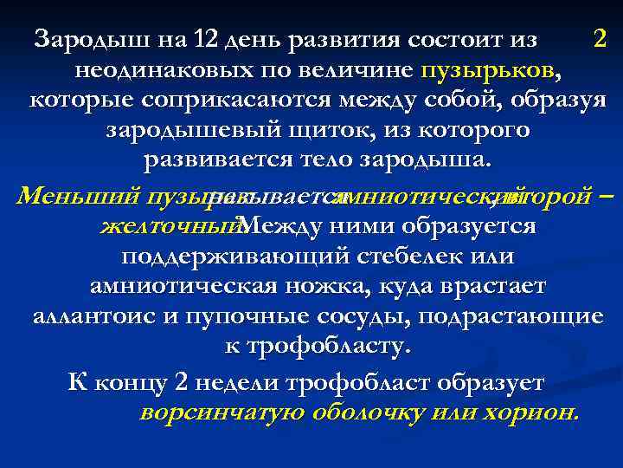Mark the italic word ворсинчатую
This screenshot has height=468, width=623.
point(220,413)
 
